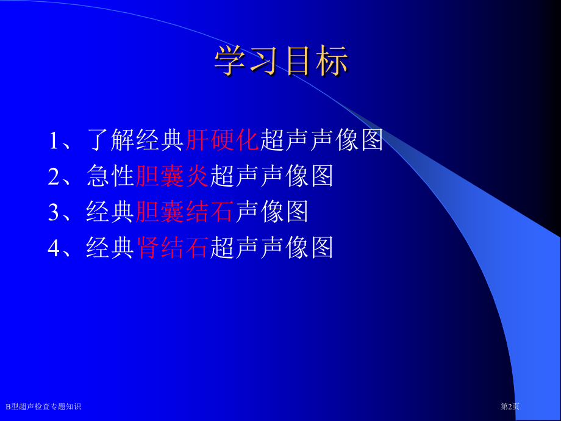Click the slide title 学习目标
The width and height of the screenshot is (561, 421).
(x=281, y=60)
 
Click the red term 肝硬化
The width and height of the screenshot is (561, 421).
(x=222, y=140)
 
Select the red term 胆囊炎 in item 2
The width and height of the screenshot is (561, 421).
(x=172, y=176)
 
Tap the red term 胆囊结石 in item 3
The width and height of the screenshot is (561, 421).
(x=185, y=212)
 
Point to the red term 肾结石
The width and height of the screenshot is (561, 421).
(x=172, y=247)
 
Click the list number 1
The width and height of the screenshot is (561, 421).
(x=54, y=140)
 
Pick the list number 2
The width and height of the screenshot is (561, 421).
(x=54, y=176)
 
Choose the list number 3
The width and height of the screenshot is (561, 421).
(x=54, y=212)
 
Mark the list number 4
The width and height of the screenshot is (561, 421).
(x=54, y=248)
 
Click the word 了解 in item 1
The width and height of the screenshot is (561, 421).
(x=111, y=140)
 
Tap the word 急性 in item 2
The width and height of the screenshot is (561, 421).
(x=110, y=176)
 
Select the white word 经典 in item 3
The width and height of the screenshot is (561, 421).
(x=110, y=212)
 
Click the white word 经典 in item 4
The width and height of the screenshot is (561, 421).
(x=110, y=247)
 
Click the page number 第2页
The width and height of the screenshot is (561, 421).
(x=510, y=406)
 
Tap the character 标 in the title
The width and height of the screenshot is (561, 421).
(x=332, y=60)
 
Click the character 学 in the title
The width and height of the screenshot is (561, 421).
(x=230, y=60)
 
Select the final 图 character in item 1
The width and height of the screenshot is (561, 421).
(x=372, y=140)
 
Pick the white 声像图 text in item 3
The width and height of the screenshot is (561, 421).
(x=271, y=212)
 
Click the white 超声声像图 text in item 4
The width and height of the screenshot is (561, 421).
(x=271, y=247)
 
